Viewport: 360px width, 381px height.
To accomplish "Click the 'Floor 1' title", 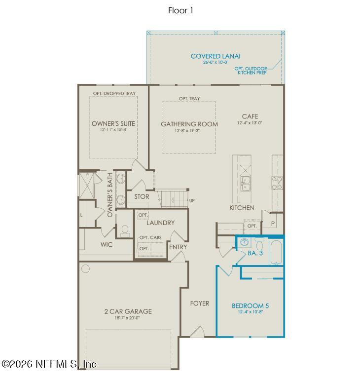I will pos(180,10).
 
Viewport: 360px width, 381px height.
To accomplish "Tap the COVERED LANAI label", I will pos(216,56).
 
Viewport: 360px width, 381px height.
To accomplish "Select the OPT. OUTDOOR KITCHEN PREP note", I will pos(252,71).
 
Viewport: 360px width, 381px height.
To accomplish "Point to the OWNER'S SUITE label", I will pos(113,123).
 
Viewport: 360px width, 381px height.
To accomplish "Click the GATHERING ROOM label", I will pos(189,124).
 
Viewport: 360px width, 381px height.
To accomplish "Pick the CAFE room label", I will pos(250,116).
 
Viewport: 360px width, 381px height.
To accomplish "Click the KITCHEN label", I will pos(242,208).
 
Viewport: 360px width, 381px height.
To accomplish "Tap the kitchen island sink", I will pos(245,184).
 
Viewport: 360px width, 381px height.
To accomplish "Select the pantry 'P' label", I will pos(273,223).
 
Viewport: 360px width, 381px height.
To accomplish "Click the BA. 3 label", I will pos(254,253).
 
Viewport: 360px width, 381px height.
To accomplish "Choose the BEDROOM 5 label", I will pos(250,305).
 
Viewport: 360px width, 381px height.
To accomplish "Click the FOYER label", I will pos(200,303).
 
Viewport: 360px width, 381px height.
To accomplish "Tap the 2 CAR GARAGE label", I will pos(128,311).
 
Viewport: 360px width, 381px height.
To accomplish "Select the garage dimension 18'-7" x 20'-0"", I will pos(128,318).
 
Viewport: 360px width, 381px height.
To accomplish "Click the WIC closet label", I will pos(106,244).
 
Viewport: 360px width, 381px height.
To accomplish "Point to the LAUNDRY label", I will pos(160,223).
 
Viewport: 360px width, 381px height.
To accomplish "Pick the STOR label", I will pos(142,196).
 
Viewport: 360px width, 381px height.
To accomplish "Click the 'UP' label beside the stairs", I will pos(192,201).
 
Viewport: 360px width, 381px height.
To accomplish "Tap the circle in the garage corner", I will pos(85,268).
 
